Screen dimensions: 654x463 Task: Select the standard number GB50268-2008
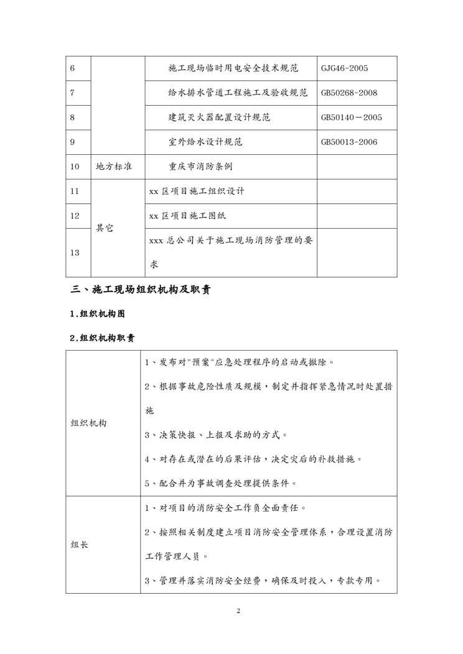tap(349, 93)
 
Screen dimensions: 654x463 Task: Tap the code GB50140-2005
tap(352, 117)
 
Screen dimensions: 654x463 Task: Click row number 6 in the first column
tap(73, 68)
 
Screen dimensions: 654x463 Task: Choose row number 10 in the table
tap(75, 167)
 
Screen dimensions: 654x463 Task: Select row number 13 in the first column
tap(75, 252)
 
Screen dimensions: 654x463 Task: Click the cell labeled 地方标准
tap(113, 167)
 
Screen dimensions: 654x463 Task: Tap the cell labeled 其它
tap(105, 228)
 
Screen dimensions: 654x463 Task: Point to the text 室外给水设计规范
tap(205, 142)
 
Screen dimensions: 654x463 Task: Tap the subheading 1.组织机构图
tap(97, 314)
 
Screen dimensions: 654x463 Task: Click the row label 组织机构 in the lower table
tap(89, 423)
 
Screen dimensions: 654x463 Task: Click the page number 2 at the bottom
tap(238, 610)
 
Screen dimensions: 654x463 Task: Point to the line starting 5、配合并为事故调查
tap(220, 483)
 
